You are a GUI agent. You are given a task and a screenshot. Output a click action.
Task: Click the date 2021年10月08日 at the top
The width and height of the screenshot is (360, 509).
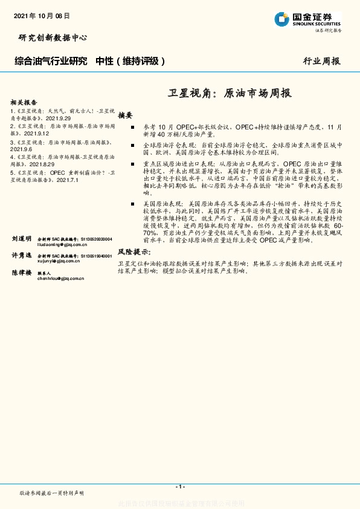(x=40, y=16)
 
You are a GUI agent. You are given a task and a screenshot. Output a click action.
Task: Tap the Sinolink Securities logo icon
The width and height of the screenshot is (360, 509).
(x=283, y=19)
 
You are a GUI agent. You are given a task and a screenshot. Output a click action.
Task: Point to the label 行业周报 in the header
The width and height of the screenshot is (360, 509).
(x=322, y=61)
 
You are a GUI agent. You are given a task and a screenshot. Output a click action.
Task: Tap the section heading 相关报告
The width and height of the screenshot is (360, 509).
(x=24, y=103)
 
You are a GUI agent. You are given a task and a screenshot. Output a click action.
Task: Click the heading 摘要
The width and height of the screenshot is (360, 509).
(x=125, y=115)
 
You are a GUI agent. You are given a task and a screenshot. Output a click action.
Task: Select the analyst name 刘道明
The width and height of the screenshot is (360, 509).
(x=21, y=239)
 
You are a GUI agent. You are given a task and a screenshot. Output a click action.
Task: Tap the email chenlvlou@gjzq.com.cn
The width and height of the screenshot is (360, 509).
(x=60, y=279)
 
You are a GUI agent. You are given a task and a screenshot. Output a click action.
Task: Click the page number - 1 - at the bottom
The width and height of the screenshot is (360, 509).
(x=180, y=486)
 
